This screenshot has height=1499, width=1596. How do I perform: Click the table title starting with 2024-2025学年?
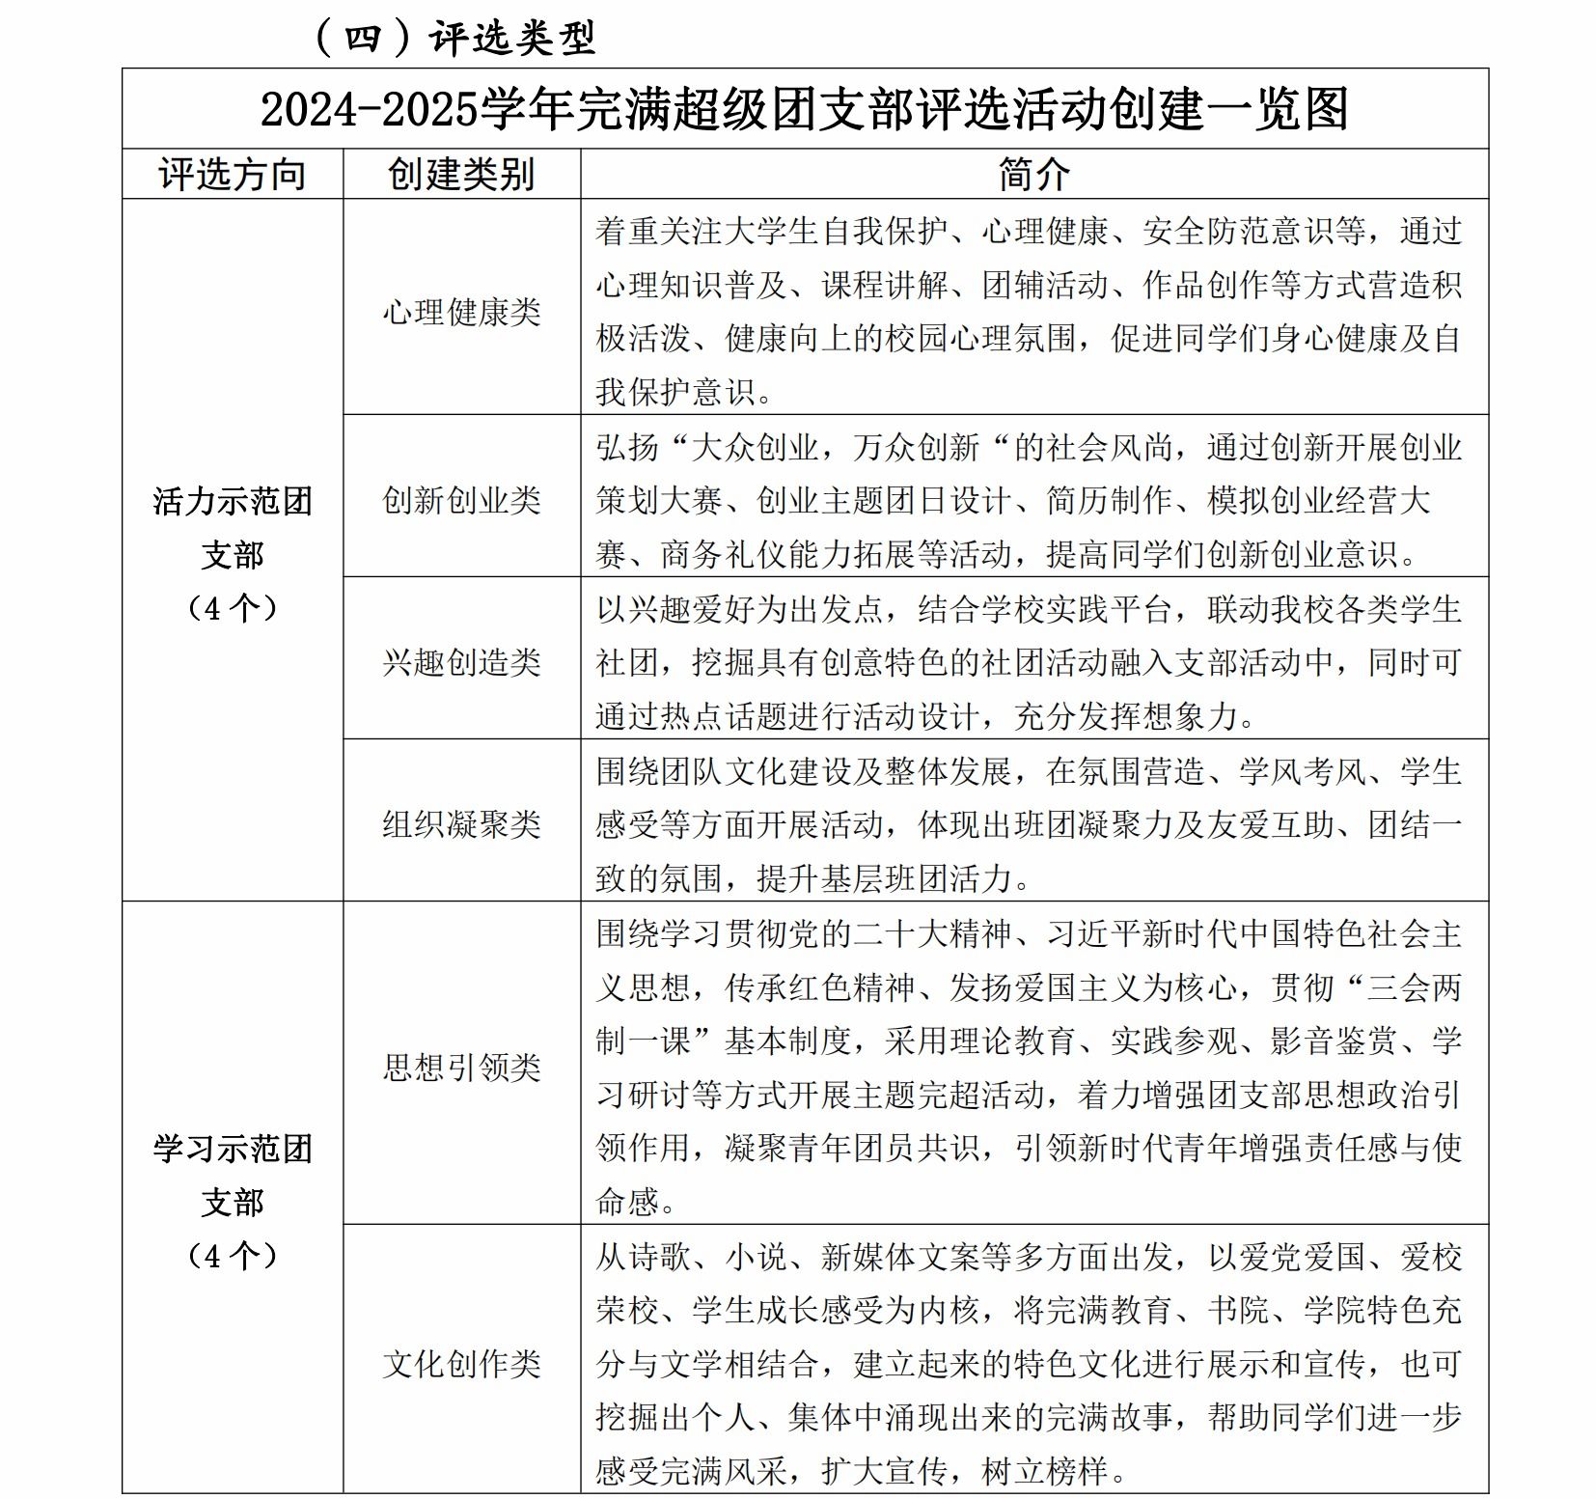[804, 109]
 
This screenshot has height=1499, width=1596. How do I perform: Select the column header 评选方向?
[232, 175]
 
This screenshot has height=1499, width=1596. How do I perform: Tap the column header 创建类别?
[461, 175]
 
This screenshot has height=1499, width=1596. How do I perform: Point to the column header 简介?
[1033, 175]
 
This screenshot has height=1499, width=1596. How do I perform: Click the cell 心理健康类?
[461, 312]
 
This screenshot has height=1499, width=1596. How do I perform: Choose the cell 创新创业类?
[461, 500]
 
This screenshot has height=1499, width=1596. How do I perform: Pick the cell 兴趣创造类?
[461, 662]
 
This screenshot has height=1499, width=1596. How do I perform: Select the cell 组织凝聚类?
[461, 824]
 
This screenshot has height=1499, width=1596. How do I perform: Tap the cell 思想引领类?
[461, 1068]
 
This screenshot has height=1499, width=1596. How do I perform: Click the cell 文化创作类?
[461, 1364]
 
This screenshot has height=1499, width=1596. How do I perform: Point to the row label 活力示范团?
[233, 501]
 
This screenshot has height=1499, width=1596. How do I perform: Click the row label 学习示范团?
[233, 1149]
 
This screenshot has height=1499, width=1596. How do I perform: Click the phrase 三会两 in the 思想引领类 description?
[1414, 987]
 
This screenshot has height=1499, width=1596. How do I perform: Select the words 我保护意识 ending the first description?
[675, 392]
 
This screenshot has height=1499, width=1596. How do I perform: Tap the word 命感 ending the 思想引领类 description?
[627, 1202]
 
